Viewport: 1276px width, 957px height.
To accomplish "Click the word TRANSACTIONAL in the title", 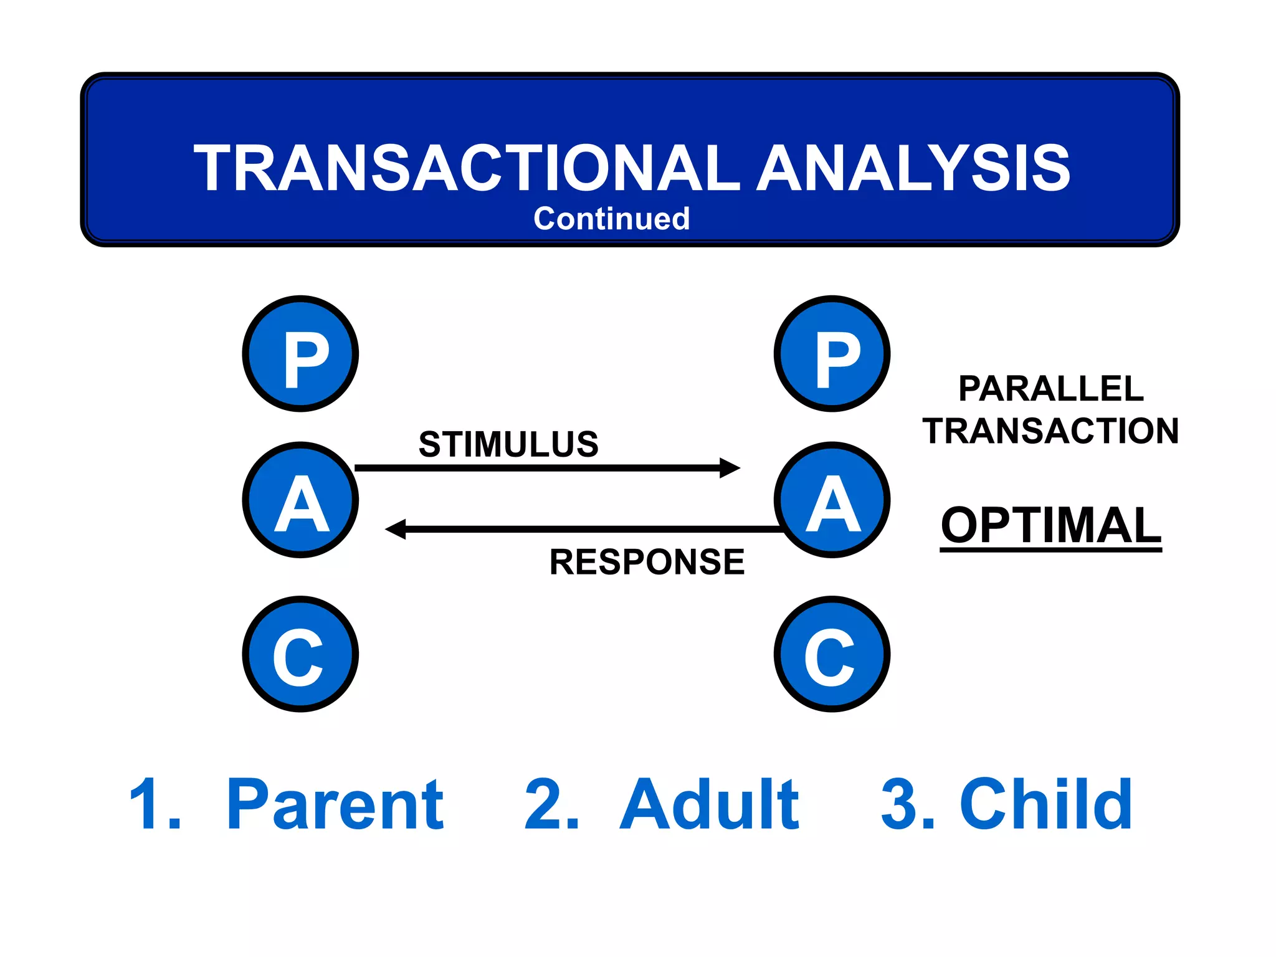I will point(466,168).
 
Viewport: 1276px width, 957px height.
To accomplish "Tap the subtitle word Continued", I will point(611,219).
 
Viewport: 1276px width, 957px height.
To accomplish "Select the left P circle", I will point(300,354).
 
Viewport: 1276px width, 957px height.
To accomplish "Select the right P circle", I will point(832,354).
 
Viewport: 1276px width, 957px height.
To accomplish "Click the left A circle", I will point(300,500).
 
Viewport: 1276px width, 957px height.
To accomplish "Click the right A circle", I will point(832,500).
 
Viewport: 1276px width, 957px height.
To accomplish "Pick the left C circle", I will point(300,654).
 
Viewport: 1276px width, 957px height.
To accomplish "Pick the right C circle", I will point(832,654).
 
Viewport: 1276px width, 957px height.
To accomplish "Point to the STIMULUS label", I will point(508,444).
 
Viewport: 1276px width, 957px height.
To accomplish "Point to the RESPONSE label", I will point(647,562).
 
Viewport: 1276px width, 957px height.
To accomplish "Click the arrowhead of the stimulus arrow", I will point(730,468).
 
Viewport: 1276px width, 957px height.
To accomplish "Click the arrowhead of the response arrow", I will point(396,529).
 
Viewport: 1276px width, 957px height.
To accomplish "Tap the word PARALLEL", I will point(1050,389).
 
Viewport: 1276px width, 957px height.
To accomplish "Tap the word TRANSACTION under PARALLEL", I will point(1050,431).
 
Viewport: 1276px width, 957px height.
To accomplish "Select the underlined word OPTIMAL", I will point(1050,525).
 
